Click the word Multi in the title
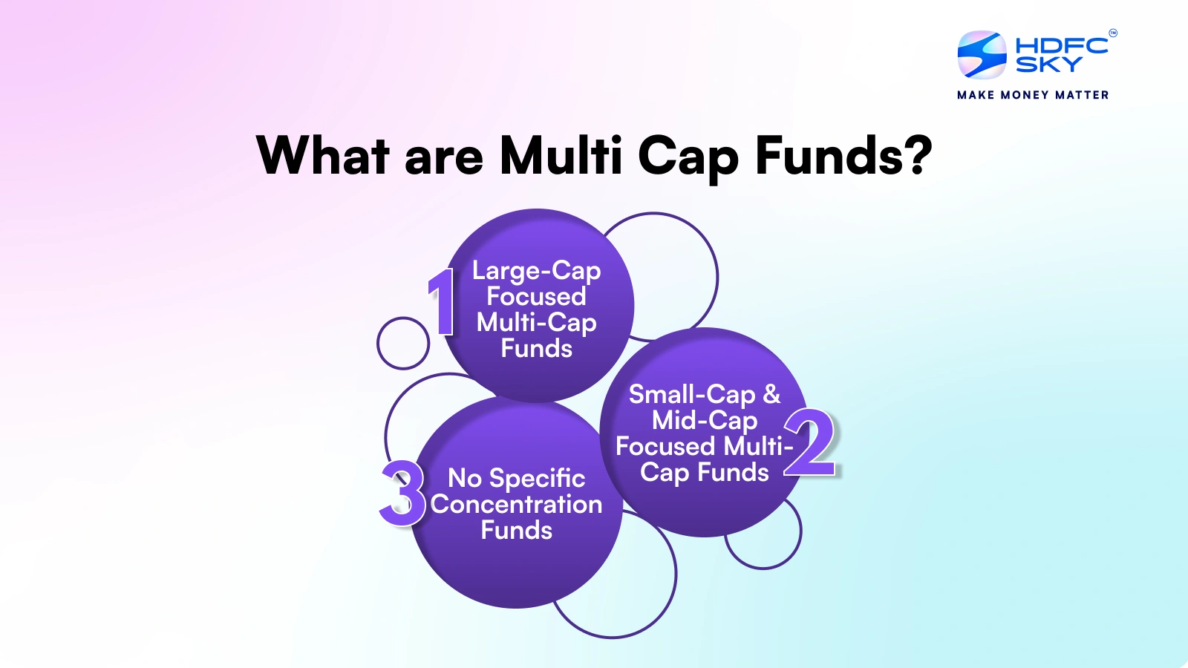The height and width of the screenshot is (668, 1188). pos(561,156)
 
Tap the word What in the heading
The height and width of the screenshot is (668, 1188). pos(322,156)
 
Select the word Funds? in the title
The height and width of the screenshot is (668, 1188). pos(843,156)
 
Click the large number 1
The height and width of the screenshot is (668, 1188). pos(443,302)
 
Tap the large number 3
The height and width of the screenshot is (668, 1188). pos(402,493)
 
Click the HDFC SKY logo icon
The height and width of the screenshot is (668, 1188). pos(982,54)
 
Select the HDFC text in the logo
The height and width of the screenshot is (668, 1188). pos(1061,45)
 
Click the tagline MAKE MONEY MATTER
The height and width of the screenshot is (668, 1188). pos(1033,95)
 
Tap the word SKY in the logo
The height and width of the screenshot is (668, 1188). pos(1048,65)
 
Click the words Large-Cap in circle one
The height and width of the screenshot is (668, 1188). pos(536,271)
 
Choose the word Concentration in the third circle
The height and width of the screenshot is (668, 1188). pos(516,505)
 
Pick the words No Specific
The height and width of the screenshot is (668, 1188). pos(516,479)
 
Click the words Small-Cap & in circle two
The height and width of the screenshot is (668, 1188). pos(704,394)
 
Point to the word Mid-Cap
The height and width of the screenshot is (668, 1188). pos(704,421)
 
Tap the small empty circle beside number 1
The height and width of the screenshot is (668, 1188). pos(403,343)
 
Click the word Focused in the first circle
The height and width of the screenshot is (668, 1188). pos(536,297)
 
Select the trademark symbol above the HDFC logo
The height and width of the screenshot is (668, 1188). pos(1112,33)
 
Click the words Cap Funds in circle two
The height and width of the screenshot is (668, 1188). pos(704,473)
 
